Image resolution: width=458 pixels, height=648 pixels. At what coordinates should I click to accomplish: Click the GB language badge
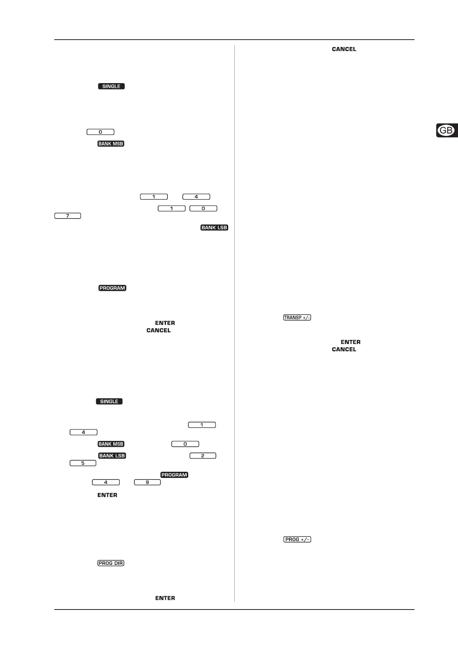tap(446, 130)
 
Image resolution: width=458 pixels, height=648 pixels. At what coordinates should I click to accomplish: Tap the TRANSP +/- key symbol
tap(297, 317)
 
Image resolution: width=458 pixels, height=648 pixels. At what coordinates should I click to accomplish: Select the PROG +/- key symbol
tap(297, 539)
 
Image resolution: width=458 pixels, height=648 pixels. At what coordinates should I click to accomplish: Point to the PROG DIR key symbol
tap(111, 563)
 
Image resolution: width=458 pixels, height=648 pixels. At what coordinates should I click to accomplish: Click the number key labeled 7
tap(68, 216)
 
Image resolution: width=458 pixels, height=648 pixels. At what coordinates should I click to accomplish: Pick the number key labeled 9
tap(147, 482)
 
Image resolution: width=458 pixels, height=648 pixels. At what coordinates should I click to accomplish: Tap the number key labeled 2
tap(202, 456)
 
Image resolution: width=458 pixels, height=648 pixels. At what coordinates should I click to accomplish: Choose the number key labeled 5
tap(83, 463)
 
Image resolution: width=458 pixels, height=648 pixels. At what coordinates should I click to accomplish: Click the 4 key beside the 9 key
tap(105, 482)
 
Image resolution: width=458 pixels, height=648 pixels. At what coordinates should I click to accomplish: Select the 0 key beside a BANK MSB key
tap(185, 444)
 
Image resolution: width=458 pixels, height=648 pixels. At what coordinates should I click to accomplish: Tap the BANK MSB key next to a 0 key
tap(111, 444)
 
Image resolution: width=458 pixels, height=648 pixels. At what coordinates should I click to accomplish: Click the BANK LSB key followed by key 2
tap(112, 456)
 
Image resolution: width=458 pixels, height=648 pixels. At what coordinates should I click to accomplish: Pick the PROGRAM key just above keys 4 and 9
tap(174, 474)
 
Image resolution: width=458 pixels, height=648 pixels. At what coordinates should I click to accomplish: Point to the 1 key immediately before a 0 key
tap(172, 208)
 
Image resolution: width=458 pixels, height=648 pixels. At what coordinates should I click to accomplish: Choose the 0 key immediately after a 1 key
tap(203, 208)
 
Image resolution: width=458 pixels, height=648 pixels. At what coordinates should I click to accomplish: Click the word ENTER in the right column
tap(350, 342)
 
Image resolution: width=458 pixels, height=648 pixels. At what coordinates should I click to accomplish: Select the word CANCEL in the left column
tap(158, 330)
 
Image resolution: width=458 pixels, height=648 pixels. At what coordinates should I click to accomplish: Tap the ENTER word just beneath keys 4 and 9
tap(107, 495)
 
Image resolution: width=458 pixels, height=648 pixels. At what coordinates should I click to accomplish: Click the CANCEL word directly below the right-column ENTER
tap(344, 349)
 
